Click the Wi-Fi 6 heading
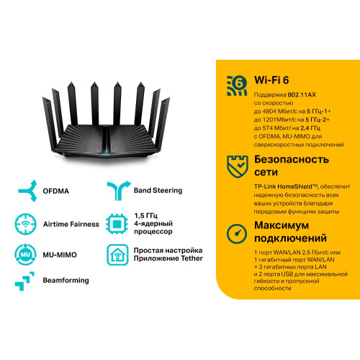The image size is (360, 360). point(271,80)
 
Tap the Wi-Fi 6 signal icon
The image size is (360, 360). point(237,86)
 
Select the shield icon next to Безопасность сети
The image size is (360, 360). point(238,166)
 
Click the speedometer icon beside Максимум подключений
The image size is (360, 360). point(237,234)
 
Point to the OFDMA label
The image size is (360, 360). point(55,191)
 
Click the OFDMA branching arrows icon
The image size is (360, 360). point(28,191)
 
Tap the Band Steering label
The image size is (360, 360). point(158,190)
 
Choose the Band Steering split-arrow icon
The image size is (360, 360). point(119,191)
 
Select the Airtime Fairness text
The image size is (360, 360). point(71,224)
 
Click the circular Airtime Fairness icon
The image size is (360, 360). point(25,224)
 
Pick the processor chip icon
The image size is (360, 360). point(117,224)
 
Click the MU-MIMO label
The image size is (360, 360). point(60,255)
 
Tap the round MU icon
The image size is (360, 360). point(25,254)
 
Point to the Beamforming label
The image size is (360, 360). point(66,280)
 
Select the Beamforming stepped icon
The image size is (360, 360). point(24,281)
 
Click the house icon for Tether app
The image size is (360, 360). point(117,255)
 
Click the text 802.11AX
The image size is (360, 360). point(302,95)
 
